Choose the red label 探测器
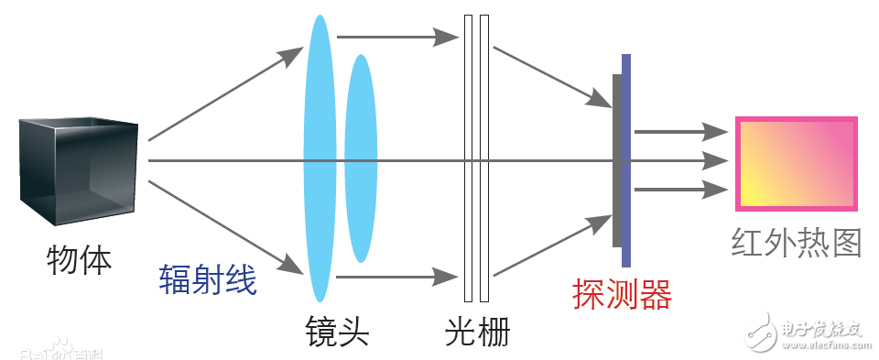point(623,294)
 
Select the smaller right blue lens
point(361,158)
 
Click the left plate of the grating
point(468,158)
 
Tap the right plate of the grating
point(483,158)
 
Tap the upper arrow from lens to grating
point(397,38)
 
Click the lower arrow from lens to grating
point(397,276)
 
